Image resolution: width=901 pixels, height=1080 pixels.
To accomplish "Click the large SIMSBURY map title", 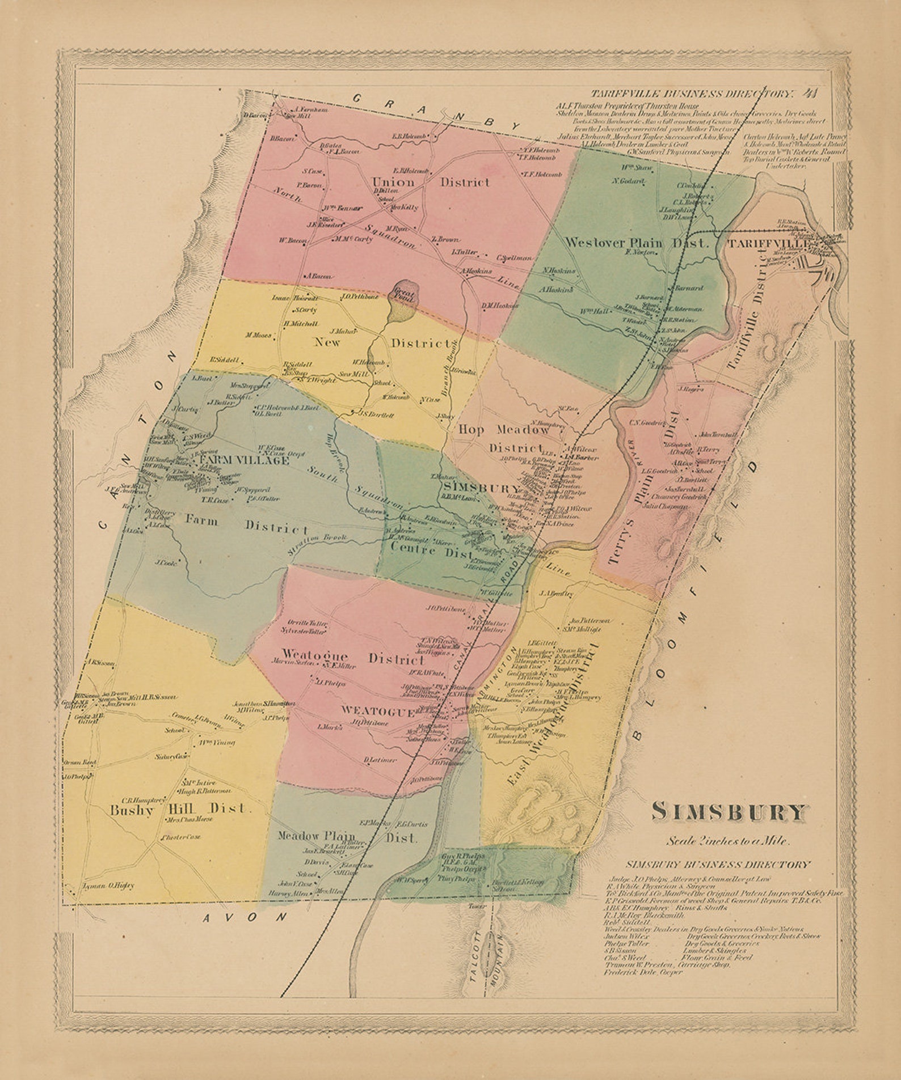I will tap(728, 812).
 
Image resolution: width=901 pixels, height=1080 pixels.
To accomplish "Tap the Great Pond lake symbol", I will tap(405, 299).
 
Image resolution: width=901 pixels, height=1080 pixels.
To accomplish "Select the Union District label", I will tap(430, 183).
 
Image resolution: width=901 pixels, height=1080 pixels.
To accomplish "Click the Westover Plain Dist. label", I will tap(637, 243).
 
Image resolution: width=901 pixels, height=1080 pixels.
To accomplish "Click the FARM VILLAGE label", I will tap(243, 461).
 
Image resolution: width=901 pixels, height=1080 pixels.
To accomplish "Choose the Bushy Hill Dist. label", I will tap(179, 809).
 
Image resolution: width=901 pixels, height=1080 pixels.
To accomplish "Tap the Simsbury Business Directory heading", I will tap(718, 865).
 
